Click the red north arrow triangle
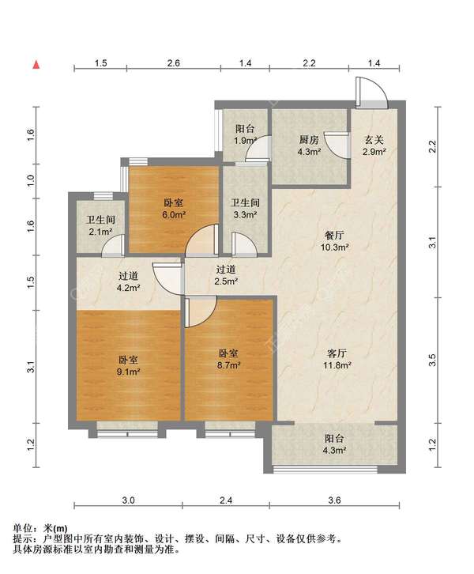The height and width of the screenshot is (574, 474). pyautogui.click(x=36, y=65)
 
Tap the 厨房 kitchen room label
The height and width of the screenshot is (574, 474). pyautogui.click(x=309, y=139)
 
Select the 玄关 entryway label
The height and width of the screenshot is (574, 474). pyautogui.click(x=374, y=139)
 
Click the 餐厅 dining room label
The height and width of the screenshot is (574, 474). pyautogui.click(x=334, y=235)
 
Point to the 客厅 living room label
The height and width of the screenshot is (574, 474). pyautogui.click(x=337, y=353)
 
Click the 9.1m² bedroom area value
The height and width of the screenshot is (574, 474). pyautogui.click(x=128, y=372)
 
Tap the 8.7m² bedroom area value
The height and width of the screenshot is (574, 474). pyautogui.click(x=228, y=365)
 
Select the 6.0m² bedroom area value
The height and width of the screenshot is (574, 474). pyautogui.click(x=174, y=215)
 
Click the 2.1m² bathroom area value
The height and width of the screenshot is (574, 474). pyautogui.click(x=100, y=232)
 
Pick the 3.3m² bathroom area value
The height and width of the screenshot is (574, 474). pyautogui.click(x=245, y=215)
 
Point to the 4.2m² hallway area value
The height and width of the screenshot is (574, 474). pyautogui.click(x=128, y=288)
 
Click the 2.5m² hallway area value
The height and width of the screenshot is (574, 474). pyautogui.click(x=227, y=281)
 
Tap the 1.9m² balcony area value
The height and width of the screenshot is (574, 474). pyautogui.click(x=246, y=141)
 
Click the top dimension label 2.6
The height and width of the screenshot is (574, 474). pyautogui.click(x=173, y=63)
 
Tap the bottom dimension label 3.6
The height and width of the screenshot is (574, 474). pyautogui.click(x=335, y=500)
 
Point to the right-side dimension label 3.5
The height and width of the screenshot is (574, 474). pyautogui.click(x=433, y=361)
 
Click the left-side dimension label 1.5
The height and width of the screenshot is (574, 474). pyautogui.click(x=31, y=282)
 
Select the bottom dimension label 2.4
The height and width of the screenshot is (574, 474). pyautogui.click(x=226, y=500)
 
